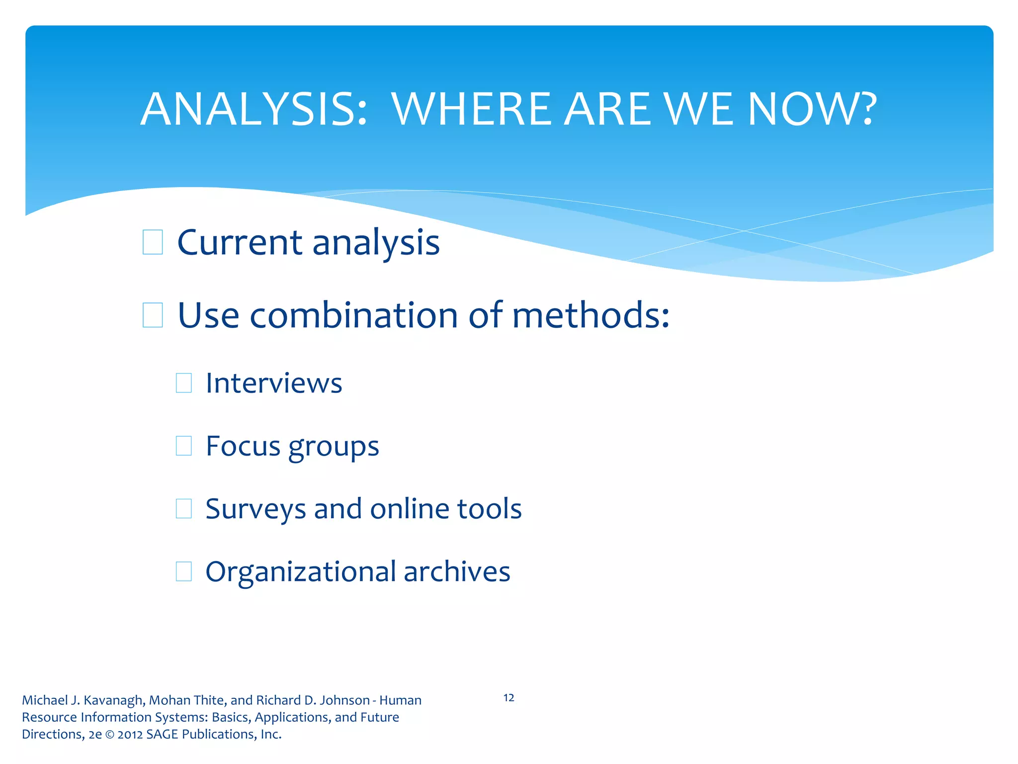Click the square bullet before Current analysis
(x=153, y=242)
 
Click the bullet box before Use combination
(x=153, y=315)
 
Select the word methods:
(x=591, y=315)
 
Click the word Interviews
(x=274, y=383)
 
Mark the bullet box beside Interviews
(x=184, y=383)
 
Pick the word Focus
(x=243, y=446)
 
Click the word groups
(x=334, y=447)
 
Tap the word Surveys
(x=255, y=509)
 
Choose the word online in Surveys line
(x=409, y=508)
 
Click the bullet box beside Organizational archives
(x=184, y=572)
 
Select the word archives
(x=457, y=572)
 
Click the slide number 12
(x=509, y=698)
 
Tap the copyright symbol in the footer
(x=109, y=735)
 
